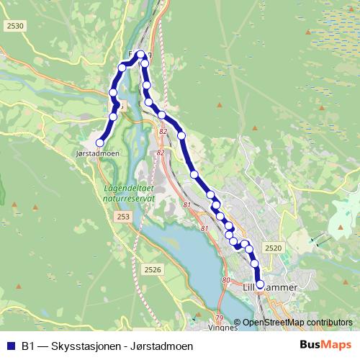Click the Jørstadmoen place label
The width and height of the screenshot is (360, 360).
(96, 153)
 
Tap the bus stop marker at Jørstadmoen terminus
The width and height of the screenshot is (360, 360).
(99, 143)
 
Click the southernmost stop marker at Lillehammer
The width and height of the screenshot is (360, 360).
(260, 284)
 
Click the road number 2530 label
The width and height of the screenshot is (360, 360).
(14, 26)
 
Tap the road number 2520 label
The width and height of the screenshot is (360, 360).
(272, 248)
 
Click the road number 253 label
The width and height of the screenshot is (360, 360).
(123, 216)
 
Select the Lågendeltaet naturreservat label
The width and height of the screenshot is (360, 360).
(123, 192)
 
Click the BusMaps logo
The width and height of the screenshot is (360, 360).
(325, 346)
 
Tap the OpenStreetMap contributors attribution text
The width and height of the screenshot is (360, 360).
(297, 323)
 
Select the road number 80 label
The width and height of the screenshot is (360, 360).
(226, 279)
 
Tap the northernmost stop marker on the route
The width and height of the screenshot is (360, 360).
(140, 54)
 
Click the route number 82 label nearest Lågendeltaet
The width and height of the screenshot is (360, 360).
(160, 152)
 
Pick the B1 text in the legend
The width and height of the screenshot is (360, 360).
(28, 346)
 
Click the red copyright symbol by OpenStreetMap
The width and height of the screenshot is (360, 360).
(237, 323)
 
